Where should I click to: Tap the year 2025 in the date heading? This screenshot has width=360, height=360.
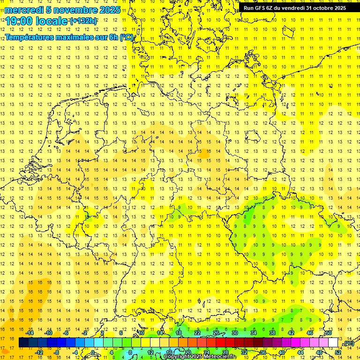108,10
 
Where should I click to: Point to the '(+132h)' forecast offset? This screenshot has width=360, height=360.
83,21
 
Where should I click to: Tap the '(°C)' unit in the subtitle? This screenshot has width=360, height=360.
127,37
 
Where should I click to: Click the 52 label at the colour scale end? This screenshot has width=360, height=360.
337,352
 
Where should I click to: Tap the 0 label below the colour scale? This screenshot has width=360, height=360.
93,352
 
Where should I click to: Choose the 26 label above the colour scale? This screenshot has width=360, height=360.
216,333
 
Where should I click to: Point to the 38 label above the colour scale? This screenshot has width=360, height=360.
272,333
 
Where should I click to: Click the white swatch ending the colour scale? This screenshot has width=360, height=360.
333,343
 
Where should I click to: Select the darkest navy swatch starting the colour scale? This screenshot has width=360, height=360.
23,343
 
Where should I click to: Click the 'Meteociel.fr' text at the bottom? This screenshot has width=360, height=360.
220,357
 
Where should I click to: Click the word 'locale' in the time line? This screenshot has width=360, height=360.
51,22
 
